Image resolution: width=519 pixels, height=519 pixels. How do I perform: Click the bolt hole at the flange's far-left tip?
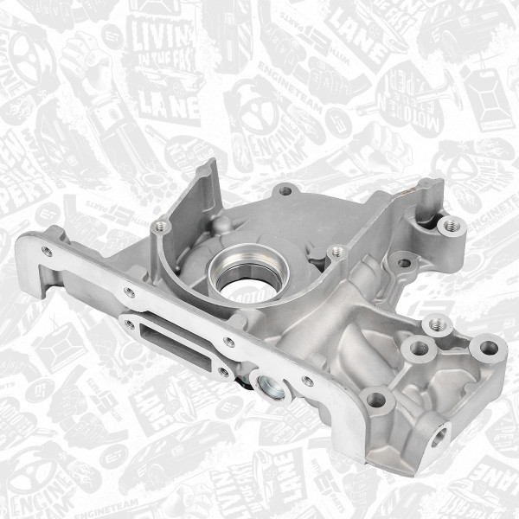click(46, 251)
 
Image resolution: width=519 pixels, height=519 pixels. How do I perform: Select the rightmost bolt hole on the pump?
click(489, 348)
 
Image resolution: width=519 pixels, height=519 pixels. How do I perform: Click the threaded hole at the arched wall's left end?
click(157, 227)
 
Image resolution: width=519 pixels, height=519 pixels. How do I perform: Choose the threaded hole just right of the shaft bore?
click(338, 253)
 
